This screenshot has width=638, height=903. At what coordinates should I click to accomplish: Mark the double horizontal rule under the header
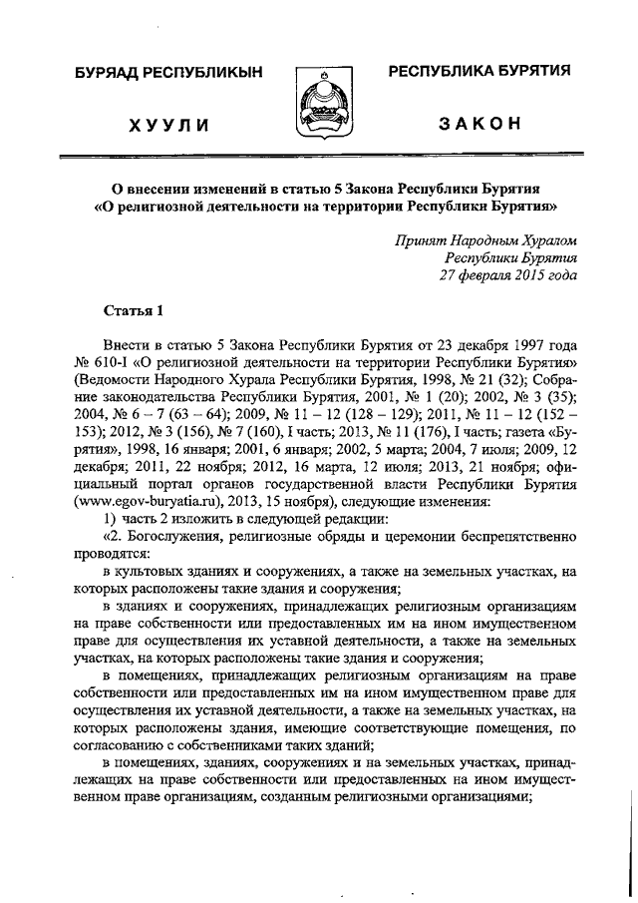point(319,158)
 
